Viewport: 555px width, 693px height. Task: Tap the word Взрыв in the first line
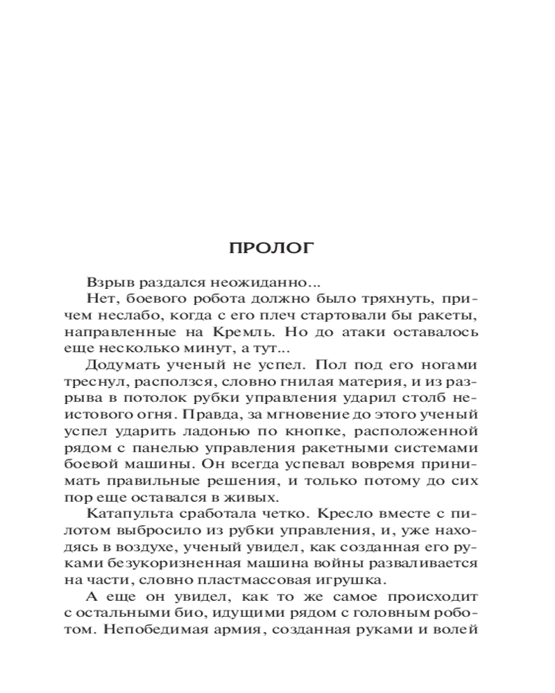point(106,283)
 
